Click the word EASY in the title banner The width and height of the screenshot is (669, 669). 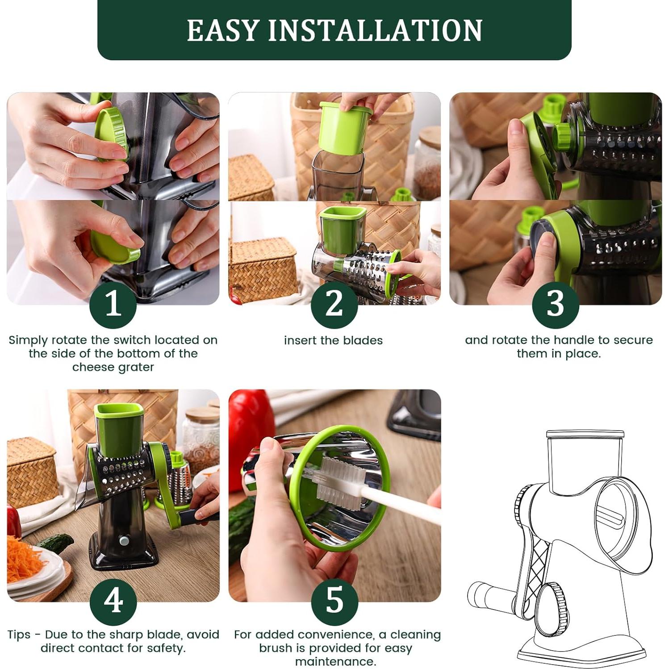click(223, 30)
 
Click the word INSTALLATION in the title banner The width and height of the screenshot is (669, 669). click(375, 30)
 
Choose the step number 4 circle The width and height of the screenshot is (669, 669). click(113, 602)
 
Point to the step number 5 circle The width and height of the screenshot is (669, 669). click(334, 602)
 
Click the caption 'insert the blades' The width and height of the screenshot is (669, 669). click(333, 340)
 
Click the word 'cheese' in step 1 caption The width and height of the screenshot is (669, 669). click(92, 367)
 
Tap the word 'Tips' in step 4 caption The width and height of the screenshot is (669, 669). click(19, 635)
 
